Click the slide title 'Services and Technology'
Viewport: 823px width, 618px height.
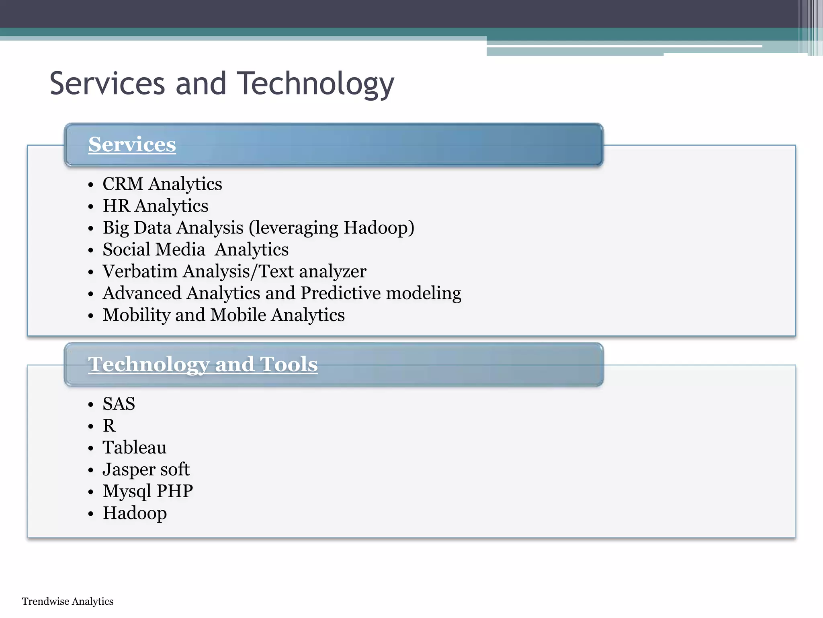pyautogui.click(x=222, y=84)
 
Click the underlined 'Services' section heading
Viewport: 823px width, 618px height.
pyautogui.click(x=132, y=144)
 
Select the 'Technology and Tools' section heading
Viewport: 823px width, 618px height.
pyautogui.click(x=203, y=364)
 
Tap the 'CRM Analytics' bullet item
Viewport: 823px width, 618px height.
pyautogui.click(x=162, y=184)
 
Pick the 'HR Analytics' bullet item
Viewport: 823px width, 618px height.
pyautogui.click(x=155, y=206)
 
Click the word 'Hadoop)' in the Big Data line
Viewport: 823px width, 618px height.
pyautogui.click(x=379, y=228)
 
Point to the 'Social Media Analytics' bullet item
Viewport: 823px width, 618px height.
pyautogui.click(x=195, y=249)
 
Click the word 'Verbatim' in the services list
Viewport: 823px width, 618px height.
pyautogui.click(x=140, y=271)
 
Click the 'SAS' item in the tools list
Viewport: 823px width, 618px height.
pyautogui.click(x=119, y=404)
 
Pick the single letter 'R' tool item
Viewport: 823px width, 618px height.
pyautogui.click(x=109, y=426)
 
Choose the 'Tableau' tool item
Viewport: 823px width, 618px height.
pyautogui.click(x=134, y=447)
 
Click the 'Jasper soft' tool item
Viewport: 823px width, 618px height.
pyautogui.click(x=146, y=470)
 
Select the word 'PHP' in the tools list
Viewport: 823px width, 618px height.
pyautogui.click(x=175, y=491)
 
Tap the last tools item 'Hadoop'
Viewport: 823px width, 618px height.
pyautogui.click(x=135, y=513)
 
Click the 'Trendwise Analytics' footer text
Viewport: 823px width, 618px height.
pyautogui.click(x=68, y=602)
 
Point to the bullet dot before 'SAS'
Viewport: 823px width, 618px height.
pyautogui.click(x=91, y=405)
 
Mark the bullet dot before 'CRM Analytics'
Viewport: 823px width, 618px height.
pyautogui.click(x=91, y=185)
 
